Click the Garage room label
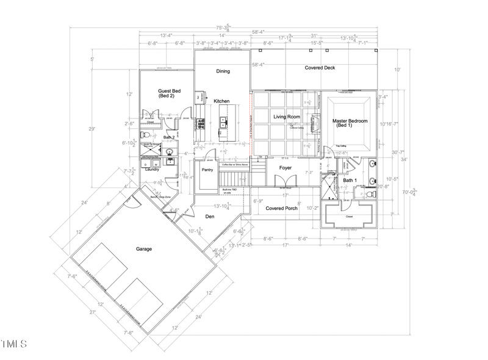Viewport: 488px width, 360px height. point(144,249)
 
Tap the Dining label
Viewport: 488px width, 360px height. point(223,71)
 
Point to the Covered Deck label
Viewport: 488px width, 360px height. point(320,68)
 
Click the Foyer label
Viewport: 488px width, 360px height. point(285,167)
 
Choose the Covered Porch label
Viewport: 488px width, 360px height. point(282,208)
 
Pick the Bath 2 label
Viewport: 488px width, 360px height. point(169,138)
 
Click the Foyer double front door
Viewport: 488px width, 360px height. point(282,181)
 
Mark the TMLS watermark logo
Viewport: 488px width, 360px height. point(14,345)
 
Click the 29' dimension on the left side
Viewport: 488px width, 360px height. point(92,129)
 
